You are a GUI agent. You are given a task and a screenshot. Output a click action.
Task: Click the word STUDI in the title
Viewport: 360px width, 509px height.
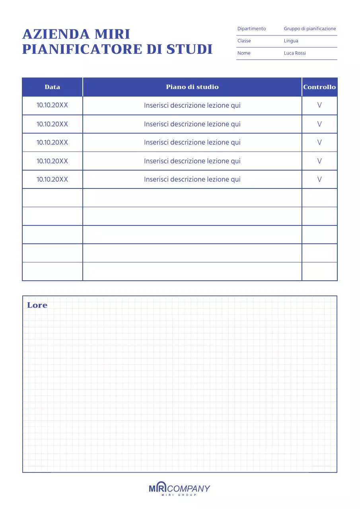coord(189,49)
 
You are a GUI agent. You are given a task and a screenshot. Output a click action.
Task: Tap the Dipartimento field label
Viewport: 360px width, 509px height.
coord(251,29)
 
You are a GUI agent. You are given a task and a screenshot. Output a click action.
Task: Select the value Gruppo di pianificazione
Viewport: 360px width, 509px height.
coord(310,29)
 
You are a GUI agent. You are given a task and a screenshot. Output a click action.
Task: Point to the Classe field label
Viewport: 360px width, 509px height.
coord(244,41)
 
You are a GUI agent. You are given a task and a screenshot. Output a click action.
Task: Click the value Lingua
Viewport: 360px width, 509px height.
coord(291,41)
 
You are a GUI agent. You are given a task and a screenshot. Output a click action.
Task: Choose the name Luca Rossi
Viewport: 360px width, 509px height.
coord(295,53)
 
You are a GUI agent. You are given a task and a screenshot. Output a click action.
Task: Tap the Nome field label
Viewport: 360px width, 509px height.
coord(244,53)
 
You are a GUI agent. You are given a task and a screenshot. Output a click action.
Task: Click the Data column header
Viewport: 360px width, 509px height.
coord(53,87)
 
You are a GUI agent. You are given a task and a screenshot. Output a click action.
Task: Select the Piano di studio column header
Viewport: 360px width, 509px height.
coord(192,87)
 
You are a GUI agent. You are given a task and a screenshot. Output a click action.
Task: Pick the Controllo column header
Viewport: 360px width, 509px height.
coord(319,87)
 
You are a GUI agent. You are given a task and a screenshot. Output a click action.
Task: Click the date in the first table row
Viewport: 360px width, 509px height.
coord(52,105)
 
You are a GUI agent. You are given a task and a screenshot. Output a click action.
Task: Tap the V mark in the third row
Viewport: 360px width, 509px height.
coord(319,142)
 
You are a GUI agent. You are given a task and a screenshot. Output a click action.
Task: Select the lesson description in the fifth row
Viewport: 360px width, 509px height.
coord(192,179)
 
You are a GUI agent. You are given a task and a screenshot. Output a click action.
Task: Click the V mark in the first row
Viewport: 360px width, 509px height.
coord(319,105)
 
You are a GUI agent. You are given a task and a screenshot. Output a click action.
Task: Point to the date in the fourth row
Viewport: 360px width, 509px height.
coord(52,161)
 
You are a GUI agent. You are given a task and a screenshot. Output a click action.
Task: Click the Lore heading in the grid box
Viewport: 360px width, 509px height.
coord(37,305)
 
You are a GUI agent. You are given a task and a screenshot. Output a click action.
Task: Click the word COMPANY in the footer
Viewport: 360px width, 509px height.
coord(189,489)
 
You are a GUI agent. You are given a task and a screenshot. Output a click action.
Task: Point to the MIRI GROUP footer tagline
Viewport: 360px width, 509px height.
coord(179,495)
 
